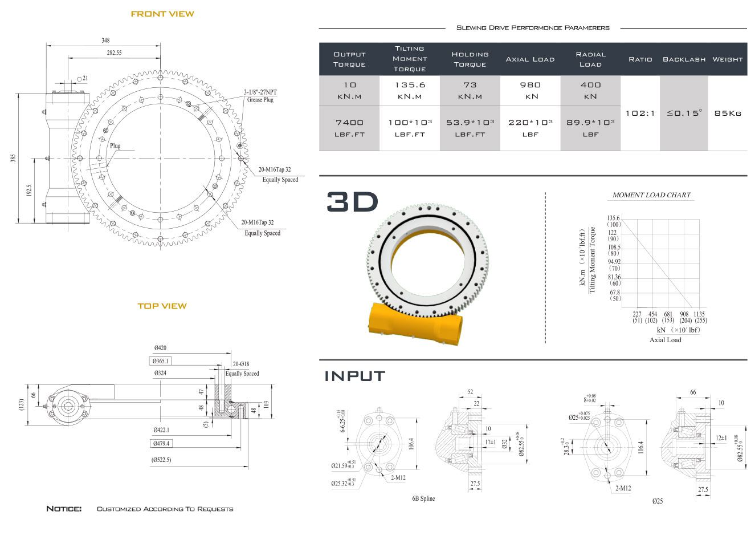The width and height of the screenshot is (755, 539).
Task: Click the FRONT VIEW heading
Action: pos(162,14)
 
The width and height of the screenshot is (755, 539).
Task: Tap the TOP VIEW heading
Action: pos(162,306)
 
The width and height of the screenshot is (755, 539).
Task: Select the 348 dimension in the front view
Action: pos(105,40)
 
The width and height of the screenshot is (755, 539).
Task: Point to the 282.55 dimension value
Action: pos(115,52)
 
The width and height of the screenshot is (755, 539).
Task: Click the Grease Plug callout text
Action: pos(260,100)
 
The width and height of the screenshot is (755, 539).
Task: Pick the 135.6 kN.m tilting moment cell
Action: pos(410,90)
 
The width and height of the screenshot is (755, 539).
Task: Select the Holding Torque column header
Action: pos(470,59)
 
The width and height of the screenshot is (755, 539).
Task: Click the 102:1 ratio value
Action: pos(640,114)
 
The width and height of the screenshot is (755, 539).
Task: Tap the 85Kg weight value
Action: pos(728,114)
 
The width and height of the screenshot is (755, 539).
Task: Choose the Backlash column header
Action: pos(684,59)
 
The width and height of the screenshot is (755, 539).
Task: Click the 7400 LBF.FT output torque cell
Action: pos(349,128)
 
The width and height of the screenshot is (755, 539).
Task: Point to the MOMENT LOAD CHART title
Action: pos(651,195)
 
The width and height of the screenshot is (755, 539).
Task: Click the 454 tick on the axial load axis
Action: pos(652,314)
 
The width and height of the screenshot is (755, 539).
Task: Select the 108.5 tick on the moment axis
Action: pos(614,247)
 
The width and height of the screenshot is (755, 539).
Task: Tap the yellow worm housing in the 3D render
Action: pos(414,324)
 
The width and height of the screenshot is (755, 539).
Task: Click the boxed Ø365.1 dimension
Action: pos(160,361)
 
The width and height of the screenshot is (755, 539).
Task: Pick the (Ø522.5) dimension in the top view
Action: pos(161,460)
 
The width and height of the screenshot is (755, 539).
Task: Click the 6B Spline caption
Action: pos(423,498)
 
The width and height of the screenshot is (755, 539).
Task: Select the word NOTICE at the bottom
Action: pos(64,509)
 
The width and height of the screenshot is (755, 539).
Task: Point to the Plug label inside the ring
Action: pos(115,145)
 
